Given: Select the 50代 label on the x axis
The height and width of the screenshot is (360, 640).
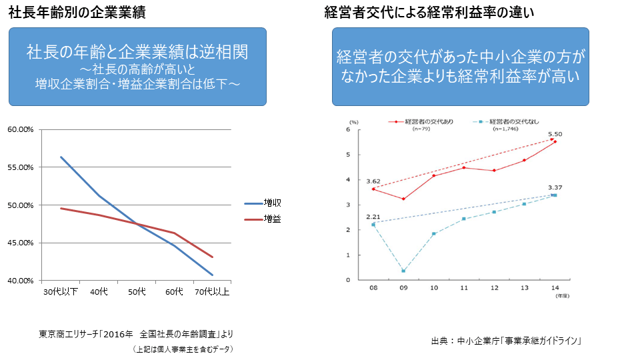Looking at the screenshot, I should tap(137, 292).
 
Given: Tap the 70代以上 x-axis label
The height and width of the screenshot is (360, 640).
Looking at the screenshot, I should tap(212, 292).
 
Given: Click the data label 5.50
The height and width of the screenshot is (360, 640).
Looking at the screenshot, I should tap(555, 134).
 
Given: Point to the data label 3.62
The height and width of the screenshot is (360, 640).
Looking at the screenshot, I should tap(373, 181).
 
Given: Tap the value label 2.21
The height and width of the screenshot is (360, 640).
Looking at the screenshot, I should tap(373, 217).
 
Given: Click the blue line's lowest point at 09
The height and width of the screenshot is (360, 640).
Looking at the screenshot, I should tap(403, 271).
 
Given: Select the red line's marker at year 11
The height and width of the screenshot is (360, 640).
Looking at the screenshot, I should tap(463, 167).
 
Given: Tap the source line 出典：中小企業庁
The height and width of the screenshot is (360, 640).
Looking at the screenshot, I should tap(507, 341).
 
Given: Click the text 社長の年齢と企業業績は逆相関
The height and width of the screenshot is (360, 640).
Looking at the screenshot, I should tap(137, 51).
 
